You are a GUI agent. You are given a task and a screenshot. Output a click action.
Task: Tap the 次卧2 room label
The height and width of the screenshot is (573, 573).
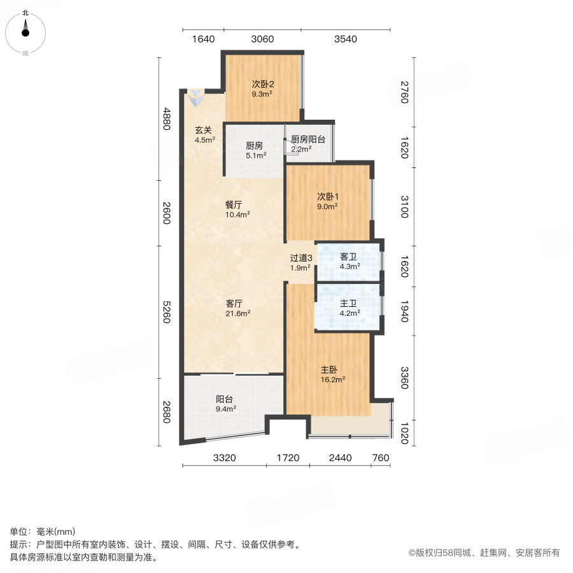[x=262, y=84]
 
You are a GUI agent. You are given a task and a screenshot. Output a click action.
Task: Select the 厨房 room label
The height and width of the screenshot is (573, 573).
[x=254, y=145]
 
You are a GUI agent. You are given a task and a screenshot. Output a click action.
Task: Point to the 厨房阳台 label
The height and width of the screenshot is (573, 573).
[x=309, y=140]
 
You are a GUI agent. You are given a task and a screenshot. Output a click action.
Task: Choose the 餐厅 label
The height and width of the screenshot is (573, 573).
[x=233, y=205]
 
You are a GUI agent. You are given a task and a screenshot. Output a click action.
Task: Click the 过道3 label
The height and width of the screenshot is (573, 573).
[x=301, y=258]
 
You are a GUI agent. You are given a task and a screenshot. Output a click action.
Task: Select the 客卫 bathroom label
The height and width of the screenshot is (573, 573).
[x=348, y=257]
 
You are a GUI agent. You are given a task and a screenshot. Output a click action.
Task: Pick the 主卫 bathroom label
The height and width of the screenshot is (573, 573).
[x=348, y=304]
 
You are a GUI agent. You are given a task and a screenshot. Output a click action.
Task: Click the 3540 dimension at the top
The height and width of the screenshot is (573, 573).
[x=345, y=39]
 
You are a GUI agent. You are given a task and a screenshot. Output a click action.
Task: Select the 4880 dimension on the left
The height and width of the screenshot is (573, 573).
[x=167, y=119]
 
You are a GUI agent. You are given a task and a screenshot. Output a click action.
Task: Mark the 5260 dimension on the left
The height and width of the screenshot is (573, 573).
[x=167, y=311]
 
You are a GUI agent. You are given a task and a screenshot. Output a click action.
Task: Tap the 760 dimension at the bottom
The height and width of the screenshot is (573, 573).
[x=380, y=458]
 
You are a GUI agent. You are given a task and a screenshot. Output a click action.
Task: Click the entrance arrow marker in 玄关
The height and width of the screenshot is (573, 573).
[x=195, y=98]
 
